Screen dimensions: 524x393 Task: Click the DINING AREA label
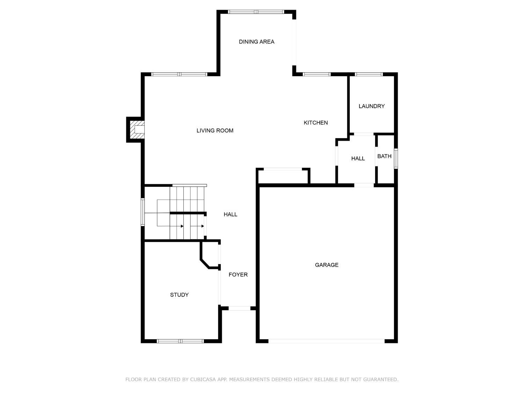256,42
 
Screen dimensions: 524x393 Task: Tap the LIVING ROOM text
215,131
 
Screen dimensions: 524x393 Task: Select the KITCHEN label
315,123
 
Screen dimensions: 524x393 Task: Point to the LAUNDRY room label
371,106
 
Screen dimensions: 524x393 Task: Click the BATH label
384,156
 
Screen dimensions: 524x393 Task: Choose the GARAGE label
327,265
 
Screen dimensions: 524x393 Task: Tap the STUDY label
179,295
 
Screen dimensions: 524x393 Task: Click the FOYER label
238,275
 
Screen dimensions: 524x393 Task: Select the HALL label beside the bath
358,159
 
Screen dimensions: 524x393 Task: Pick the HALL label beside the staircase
230,214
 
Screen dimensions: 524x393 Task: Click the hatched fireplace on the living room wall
137,130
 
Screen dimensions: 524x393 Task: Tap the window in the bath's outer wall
395,159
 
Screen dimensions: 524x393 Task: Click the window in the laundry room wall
369,74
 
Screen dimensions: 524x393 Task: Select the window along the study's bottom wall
180,341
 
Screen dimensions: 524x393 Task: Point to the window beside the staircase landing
143,212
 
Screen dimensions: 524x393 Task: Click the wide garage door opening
326,341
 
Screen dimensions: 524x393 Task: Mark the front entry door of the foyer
239,308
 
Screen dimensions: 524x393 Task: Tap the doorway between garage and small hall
364,185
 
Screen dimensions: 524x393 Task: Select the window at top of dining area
256,12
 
